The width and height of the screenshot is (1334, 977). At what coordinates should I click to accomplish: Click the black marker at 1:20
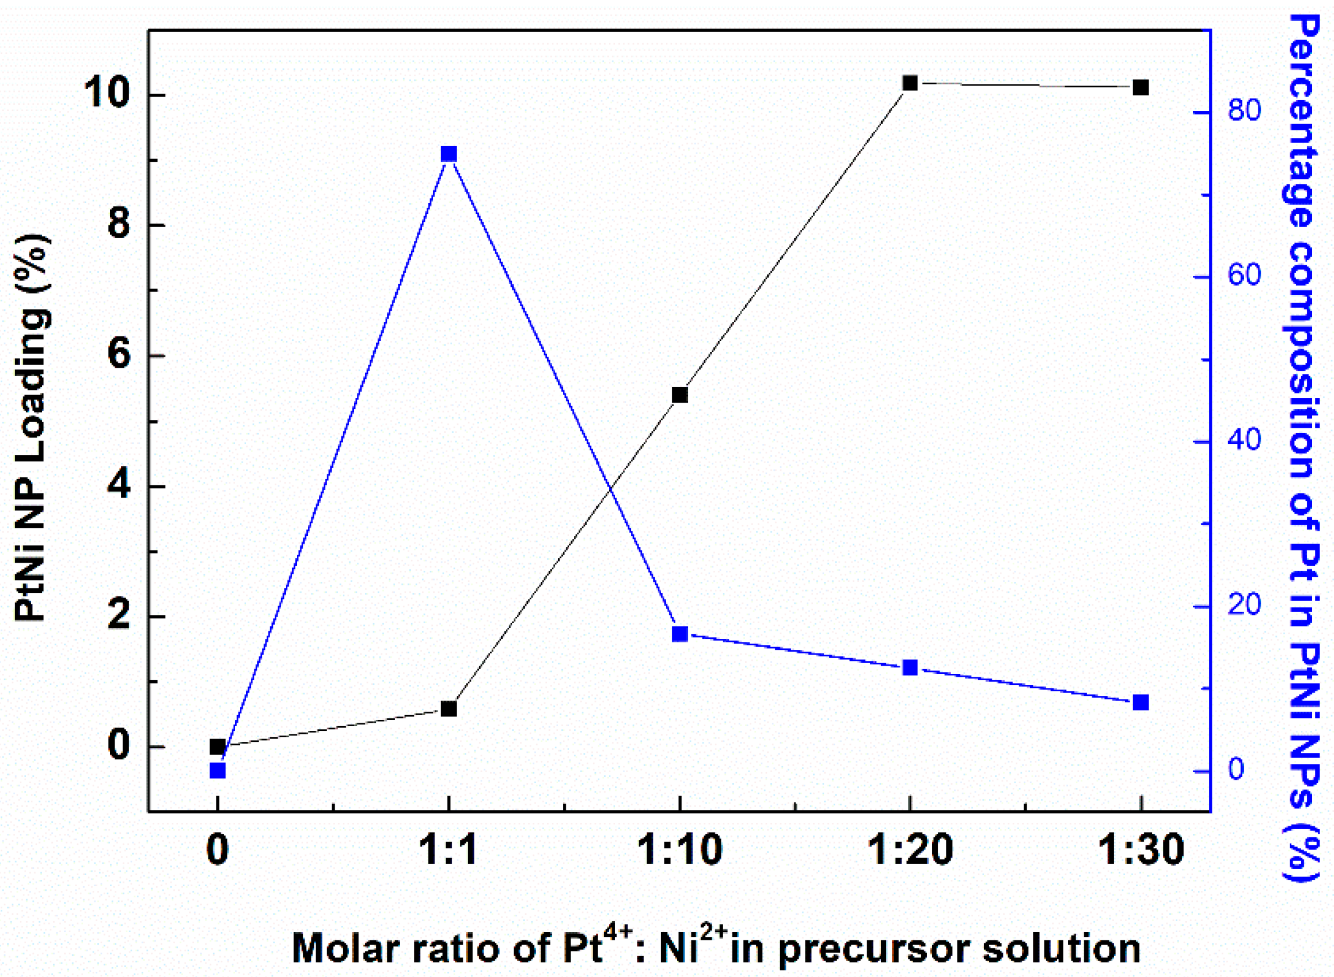tap(910, 83)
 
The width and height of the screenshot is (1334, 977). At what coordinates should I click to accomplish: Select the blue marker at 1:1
tap(449, 154)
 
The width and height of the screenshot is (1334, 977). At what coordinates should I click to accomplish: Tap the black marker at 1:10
tap(680, 395)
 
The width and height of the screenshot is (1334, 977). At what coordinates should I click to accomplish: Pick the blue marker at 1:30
tap(1141, 702)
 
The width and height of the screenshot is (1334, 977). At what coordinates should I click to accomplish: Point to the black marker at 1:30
tap(1141, 87)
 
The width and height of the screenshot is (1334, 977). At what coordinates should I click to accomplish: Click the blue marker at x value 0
tap(218, 770)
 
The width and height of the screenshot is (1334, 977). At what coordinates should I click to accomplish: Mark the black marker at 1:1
tap(449, 709)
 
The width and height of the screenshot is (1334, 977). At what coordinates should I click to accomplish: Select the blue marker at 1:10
tap(680, 634)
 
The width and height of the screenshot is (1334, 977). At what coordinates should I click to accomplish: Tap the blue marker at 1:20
tap(910, 667)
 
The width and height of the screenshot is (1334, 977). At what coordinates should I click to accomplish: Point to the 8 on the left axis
tap(119, 225)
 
